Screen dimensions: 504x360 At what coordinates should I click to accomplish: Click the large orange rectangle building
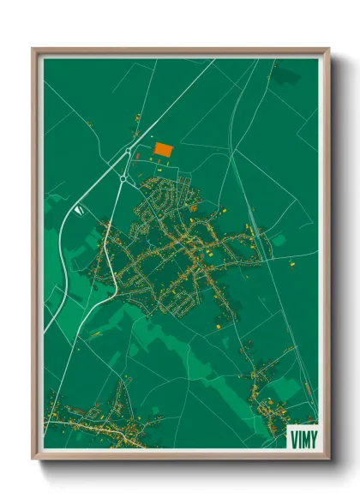tap(162, 149)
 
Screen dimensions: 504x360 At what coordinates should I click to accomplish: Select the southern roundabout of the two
tap(123, 178)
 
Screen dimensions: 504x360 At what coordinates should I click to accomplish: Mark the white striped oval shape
tap(79, 209)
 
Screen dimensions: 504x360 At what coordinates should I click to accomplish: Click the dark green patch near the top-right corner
tap(287, 75)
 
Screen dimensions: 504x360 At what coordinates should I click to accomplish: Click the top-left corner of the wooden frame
tap(34, 50)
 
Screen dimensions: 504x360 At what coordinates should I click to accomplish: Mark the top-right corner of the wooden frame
tap(327, 50)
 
